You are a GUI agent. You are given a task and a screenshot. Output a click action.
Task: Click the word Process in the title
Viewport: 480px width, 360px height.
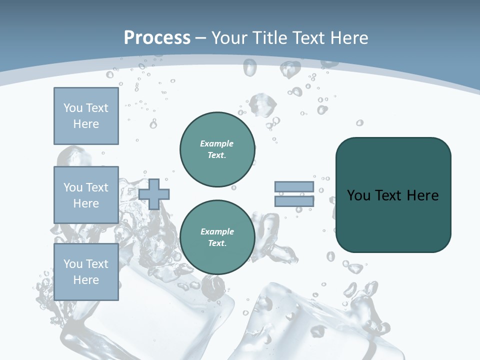[x=157, y=38]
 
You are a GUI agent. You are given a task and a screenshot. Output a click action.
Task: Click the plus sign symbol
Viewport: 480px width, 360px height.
[x=154, y=193]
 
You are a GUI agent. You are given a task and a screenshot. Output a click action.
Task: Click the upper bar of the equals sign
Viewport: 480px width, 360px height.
[x=294, y=186]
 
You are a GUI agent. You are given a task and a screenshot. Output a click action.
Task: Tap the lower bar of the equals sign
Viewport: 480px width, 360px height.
[x=294, y=201]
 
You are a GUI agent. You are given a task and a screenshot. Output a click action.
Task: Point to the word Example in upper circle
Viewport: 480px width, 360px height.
[x=217, y=143]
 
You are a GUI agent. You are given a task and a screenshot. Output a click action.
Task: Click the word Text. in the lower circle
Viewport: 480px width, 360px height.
[x=217, y=243]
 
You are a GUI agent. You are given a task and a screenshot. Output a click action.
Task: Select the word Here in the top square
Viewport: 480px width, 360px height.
[x=86, y=124]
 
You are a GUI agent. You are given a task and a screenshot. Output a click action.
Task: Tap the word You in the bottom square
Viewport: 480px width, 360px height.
[x=73, y=264]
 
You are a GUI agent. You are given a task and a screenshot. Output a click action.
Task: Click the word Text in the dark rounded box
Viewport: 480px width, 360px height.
[x=389, y=195]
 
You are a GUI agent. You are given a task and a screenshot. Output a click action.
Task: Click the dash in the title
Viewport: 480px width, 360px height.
[x=200, y=38]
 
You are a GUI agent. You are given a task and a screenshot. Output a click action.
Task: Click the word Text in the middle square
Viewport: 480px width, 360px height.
[x=96, y=187]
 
